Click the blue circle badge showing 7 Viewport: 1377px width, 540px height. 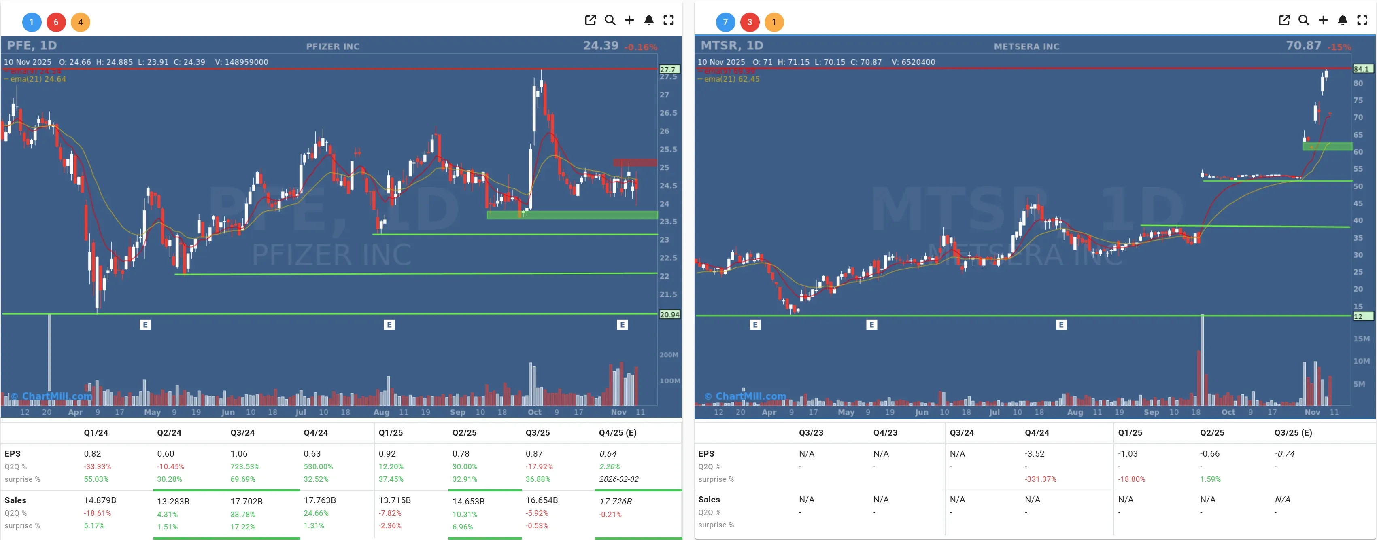tap(725, 22)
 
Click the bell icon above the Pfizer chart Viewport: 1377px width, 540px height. tap(648, 20)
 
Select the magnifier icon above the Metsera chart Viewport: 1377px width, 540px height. tap(1303, 20)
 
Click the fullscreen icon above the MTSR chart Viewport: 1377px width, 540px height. tap(1362, 20)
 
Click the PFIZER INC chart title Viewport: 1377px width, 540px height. tap(332, 47)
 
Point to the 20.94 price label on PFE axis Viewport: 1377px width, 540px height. tap(669, 315)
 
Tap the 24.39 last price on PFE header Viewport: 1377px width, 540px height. tap(600, 46)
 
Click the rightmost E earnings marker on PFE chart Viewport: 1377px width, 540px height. tap(622, 324)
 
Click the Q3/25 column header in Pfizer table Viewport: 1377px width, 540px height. tap(537, 433)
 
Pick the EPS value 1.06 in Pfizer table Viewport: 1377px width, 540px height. tap(238, 453)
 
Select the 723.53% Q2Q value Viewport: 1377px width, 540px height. tap(244, 466)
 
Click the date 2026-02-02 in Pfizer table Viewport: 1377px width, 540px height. tap(618, 479)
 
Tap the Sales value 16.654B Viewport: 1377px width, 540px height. tap(542, 500)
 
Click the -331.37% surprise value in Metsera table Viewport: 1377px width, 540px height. tap(1040, 479)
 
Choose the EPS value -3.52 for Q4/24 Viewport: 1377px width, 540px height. tap(1034, 453)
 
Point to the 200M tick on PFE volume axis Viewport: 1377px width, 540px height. tap(668, 355)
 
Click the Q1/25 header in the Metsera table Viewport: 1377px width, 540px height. tap(1130, 433)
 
